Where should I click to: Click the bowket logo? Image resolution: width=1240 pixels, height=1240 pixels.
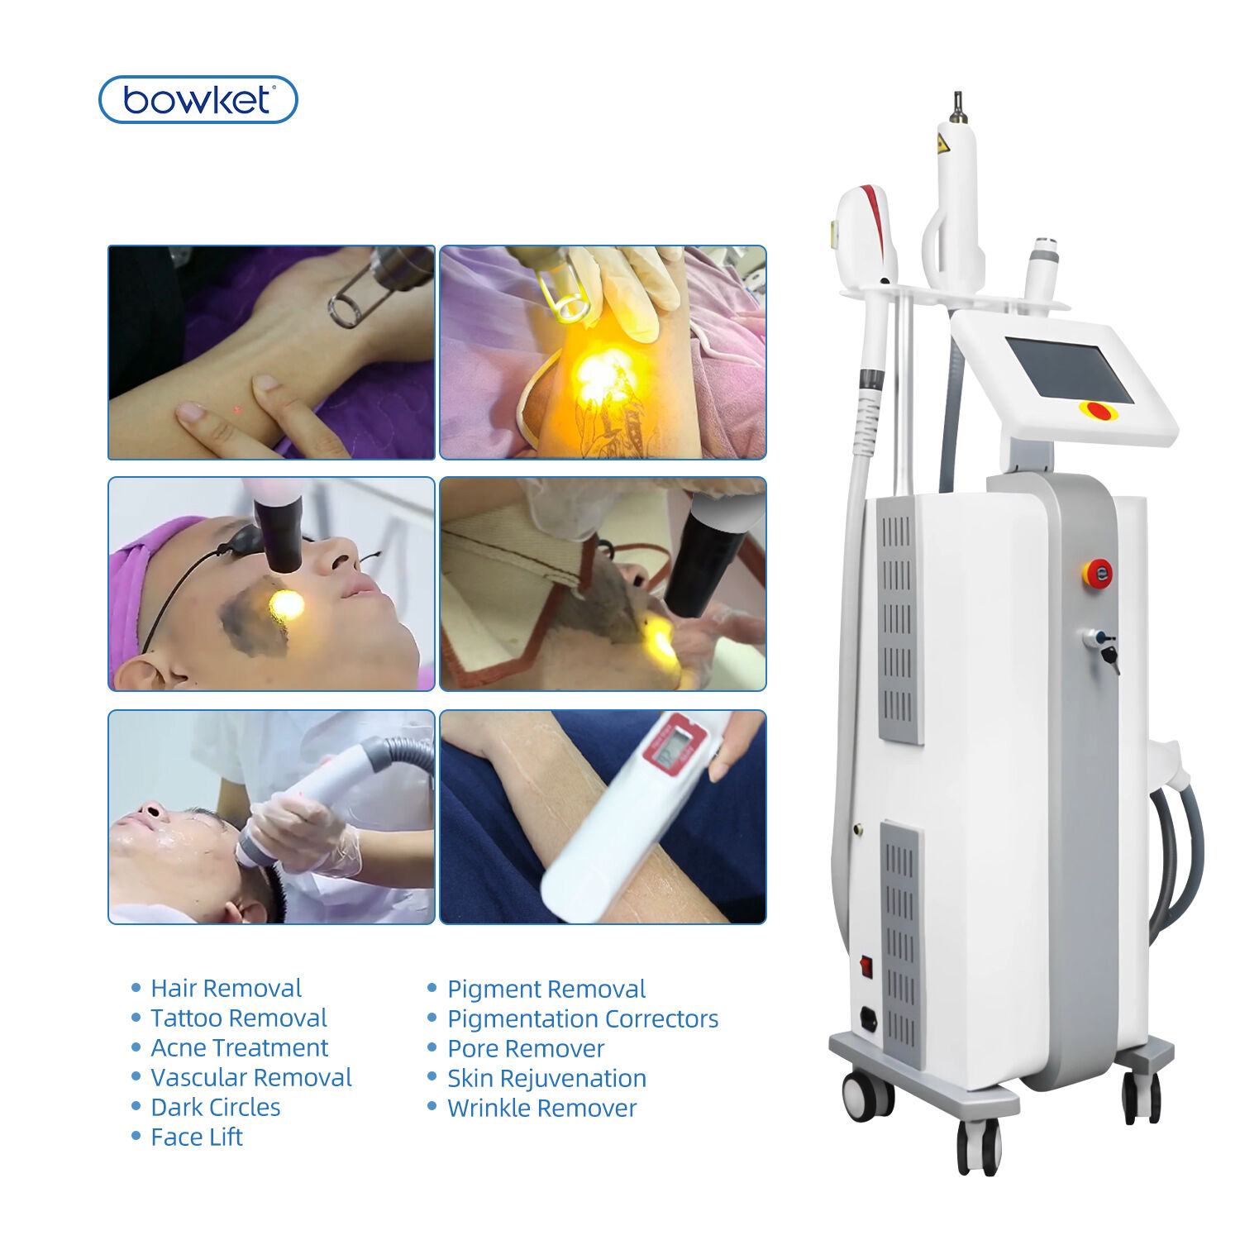198,100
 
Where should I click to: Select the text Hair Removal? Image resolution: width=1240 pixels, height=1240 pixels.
226,988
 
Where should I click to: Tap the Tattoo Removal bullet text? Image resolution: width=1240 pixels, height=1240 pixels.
239,1018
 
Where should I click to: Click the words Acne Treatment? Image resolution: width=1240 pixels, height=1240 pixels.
240,1047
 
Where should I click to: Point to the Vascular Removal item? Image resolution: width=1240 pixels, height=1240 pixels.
251,1077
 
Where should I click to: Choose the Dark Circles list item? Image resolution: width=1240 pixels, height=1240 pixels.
216,1107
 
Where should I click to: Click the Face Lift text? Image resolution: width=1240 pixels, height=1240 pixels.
197,1137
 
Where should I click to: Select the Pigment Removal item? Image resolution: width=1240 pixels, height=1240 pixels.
546,989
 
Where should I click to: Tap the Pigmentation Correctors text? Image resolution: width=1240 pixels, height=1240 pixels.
583,1018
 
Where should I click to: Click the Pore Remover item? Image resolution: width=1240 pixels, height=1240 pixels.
526,1048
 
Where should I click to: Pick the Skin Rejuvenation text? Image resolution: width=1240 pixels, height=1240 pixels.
546,1078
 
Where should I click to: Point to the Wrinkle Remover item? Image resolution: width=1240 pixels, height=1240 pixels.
542,1108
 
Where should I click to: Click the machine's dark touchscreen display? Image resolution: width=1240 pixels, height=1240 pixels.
1070,370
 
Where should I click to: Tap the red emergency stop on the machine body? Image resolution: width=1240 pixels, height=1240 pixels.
1097,574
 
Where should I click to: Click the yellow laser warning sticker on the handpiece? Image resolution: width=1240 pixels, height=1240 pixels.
942,143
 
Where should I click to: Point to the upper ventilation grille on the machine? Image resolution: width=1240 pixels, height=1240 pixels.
899,618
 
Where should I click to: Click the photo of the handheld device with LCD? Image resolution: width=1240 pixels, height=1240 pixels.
603,817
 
